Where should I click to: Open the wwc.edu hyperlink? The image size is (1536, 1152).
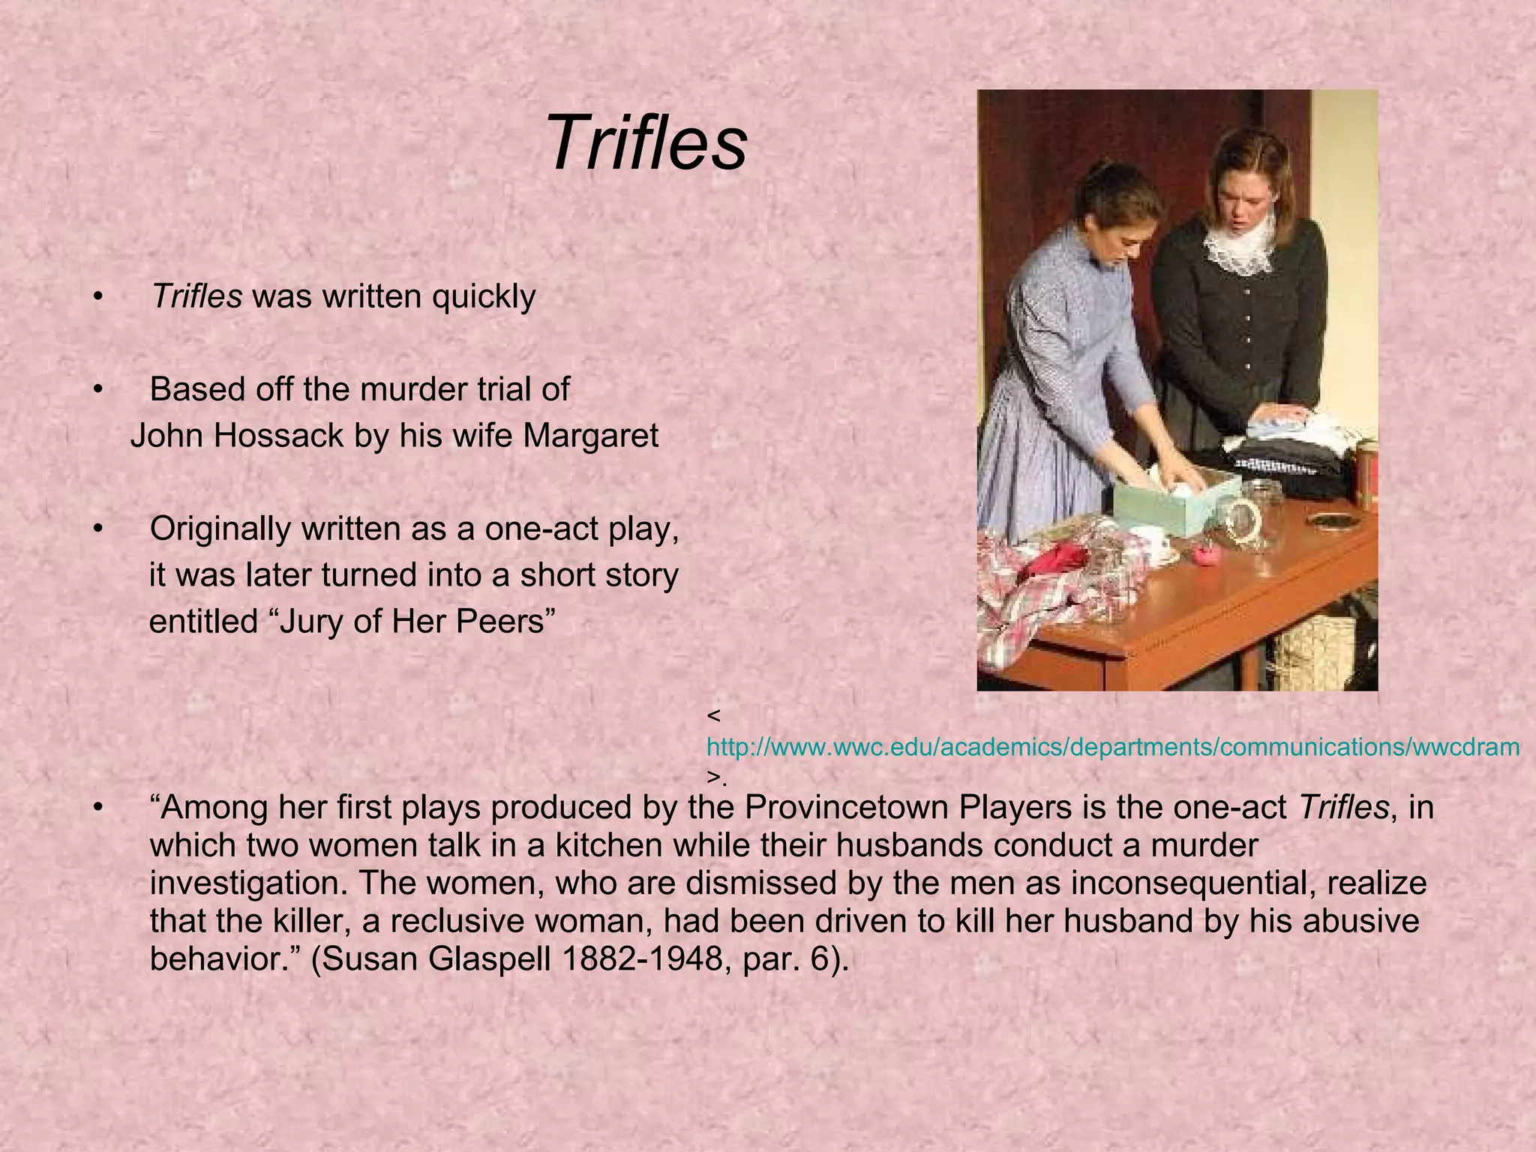click(1113, 747)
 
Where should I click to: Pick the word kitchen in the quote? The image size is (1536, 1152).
click(609, 846)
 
